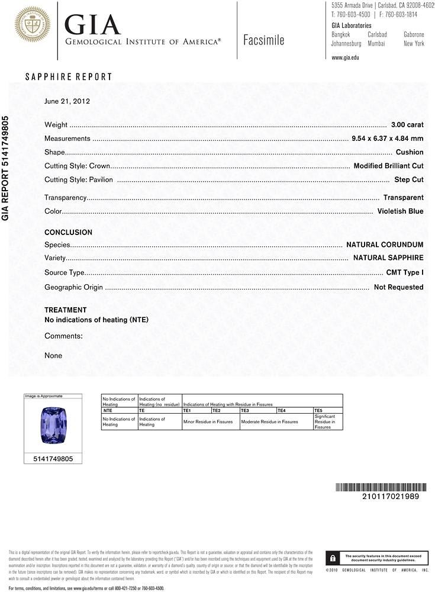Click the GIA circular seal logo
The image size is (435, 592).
coord(33,24)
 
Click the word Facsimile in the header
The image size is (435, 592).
coord(263,40)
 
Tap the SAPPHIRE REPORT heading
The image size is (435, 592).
coord(68,77)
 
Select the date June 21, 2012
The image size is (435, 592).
coord(67,101)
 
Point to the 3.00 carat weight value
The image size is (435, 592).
coord(407,125)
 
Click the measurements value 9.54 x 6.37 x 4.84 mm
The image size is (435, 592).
coord(387,139)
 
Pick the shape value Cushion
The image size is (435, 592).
coord(410,152)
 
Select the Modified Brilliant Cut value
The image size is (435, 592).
coord(388,166)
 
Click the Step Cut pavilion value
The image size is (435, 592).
coord(408,179)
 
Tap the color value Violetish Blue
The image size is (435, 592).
coord(400,211)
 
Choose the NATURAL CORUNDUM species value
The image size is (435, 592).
coord(385,244)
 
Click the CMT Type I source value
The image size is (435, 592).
coord(405,273)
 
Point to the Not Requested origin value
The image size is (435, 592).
coord(398,287)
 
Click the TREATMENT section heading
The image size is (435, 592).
coord(65,310)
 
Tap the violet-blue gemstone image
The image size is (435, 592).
coord(53,426)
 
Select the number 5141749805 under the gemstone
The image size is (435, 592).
coord(53,458)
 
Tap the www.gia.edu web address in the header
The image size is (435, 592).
coord(345,57)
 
